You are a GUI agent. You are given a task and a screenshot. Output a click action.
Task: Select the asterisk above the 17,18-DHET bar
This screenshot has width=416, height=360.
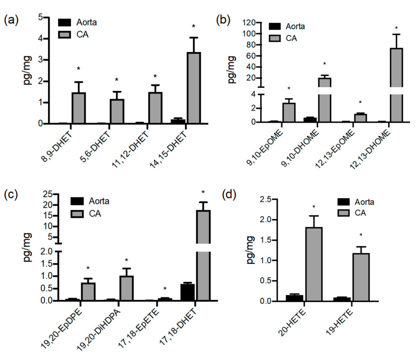tap(203, 193)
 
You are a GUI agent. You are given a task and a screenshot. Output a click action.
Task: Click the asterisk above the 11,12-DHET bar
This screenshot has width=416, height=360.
tap(155, 76)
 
